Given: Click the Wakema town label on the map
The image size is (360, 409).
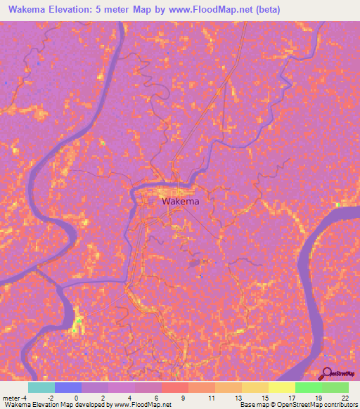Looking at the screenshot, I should click(181, 202).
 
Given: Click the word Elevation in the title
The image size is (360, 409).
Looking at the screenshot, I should click(75, 8).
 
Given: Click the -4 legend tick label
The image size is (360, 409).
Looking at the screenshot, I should click(25, 398).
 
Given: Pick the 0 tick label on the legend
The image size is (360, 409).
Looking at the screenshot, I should click(76, 398).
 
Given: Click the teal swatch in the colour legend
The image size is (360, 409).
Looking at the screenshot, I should click(41, 387).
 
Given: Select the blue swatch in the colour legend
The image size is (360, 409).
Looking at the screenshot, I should click(68, 387).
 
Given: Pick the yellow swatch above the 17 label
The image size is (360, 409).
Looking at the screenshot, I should click(282, 387).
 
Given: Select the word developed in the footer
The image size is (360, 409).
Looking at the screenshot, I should click(88, 405).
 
